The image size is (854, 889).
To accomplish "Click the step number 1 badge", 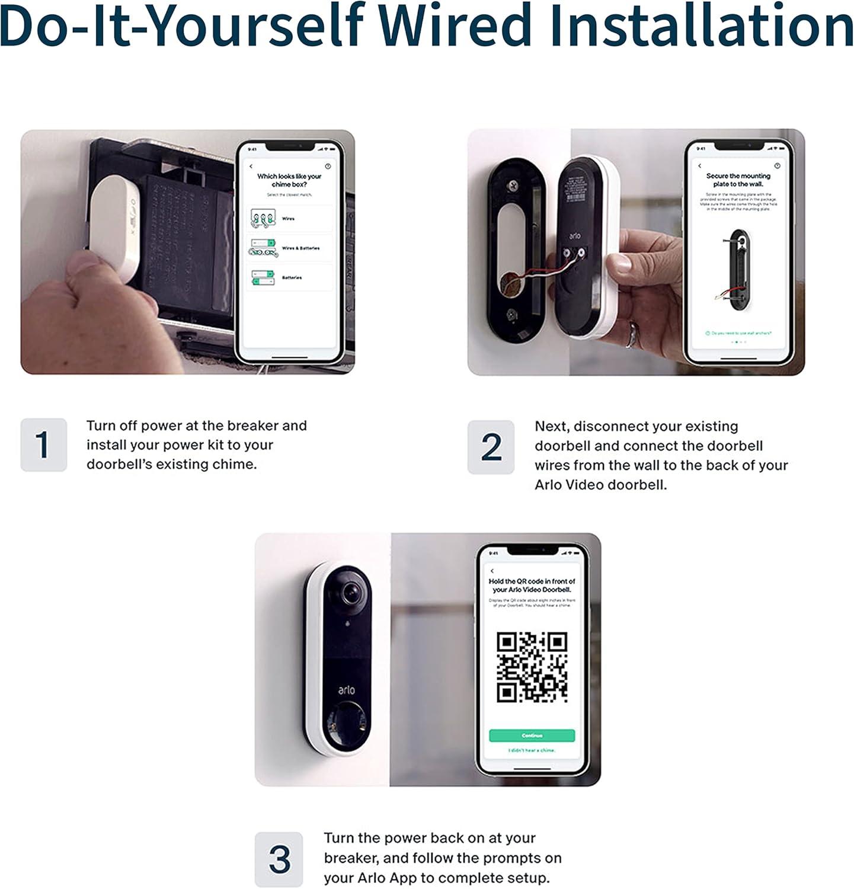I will (43, 444).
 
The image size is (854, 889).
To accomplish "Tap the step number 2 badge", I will (491, 447).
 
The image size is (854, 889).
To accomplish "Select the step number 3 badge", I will (279, 859).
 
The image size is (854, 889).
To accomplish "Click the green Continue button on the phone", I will (532, 735).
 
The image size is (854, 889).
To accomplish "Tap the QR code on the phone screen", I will (532, 667).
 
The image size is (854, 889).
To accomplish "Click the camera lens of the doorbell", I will (350, 592).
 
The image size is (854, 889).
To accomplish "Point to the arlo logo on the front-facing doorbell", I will (346, 690).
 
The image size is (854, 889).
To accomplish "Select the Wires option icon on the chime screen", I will (263, 218).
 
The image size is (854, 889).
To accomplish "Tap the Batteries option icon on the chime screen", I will (263, 277).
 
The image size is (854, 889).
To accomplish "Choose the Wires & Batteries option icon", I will (263, 248).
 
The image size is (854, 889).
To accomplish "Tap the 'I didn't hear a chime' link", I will (532, 750).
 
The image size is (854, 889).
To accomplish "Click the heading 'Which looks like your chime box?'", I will (289, 180).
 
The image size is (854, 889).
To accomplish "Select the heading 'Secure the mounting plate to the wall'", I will (738, 180).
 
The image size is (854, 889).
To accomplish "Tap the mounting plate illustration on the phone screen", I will (738, 270).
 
